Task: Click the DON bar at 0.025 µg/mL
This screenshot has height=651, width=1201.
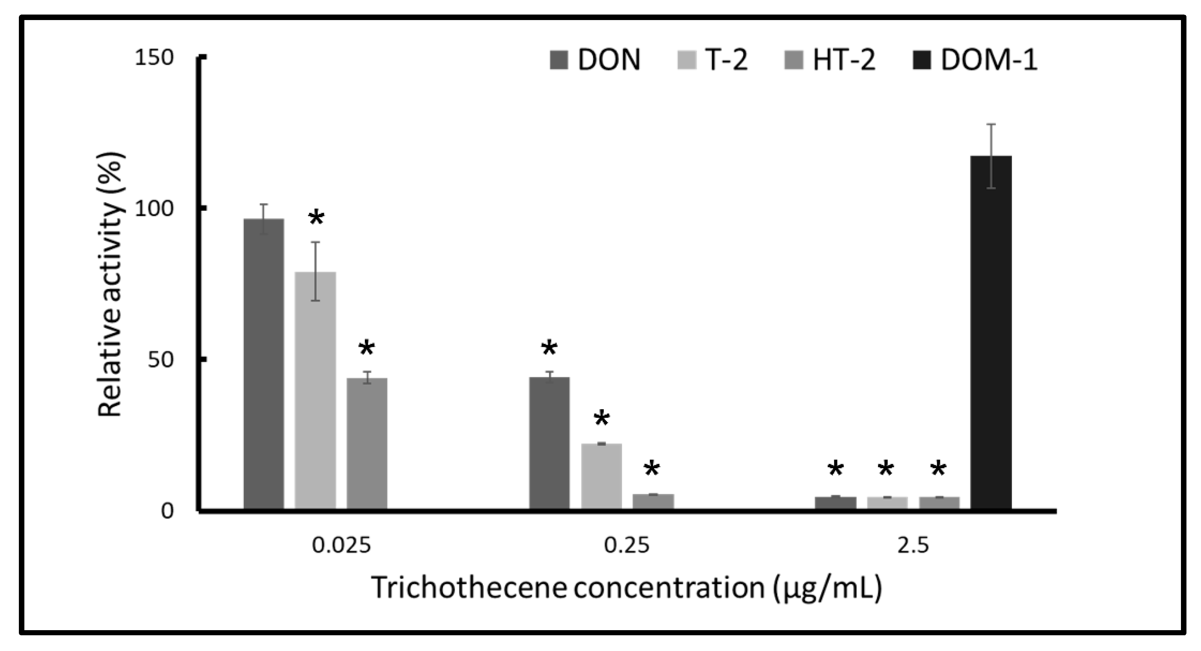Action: coord(263,364)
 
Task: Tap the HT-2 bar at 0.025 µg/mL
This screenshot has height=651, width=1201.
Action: coord(367,443)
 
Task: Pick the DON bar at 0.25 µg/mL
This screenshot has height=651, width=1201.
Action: coord(549,443)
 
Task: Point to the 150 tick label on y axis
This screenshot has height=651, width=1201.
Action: coord(153,58)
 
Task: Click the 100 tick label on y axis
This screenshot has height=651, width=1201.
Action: coord(153,208)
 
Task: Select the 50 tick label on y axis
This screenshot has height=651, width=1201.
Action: coord(160,360)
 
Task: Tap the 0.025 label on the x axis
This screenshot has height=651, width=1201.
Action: coord(341,545)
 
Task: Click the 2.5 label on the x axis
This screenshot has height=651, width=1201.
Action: coord(913,545)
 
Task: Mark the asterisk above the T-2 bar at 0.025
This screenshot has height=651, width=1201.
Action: coord(316,217)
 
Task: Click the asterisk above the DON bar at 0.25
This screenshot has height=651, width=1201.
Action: coord(549,348)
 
